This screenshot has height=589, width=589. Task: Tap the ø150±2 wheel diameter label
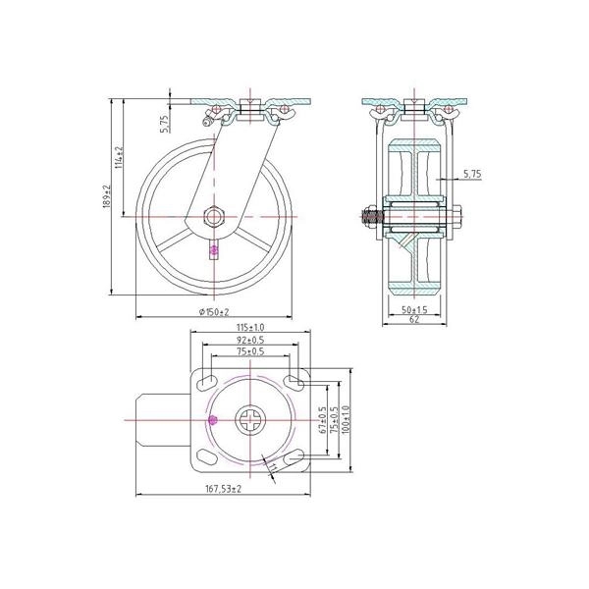pyautogui.click(x=213, y=311)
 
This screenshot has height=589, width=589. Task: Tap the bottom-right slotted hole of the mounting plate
pyautogui.click(x=295, y=457)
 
